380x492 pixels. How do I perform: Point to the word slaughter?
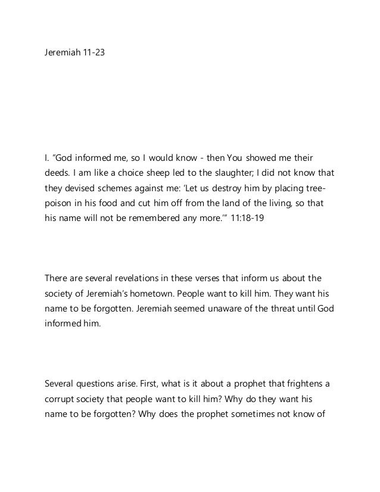pyautogui.click(x=226, y=173)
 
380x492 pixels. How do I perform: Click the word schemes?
pyautogui.click(x=107, y=188)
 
